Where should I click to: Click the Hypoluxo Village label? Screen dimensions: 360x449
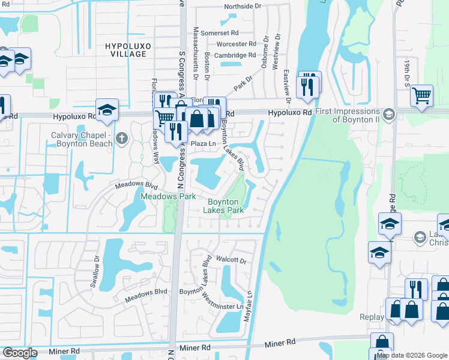point(125,50)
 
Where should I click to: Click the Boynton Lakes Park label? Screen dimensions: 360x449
point(223,206)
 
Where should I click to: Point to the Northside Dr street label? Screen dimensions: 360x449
point(243,7)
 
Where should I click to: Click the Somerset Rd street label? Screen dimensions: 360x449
point(220,33)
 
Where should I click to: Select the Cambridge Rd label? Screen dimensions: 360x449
point(220,55)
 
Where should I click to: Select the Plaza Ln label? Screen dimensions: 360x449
point(203,145)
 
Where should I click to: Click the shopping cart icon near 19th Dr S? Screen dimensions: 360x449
point(422,95)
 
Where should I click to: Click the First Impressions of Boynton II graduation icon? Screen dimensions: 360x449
point(388,114)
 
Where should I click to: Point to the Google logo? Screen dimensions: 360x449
point(20,353)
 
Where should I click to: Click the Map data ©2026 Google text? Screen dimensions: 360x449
point(412,355)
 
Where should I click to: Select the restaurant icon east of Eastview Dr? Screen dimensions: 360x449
point(309,85)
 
